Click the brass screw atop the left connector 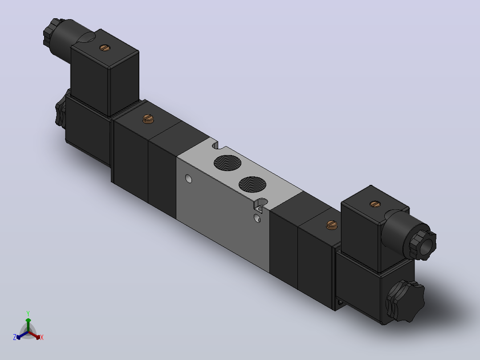(105, 48)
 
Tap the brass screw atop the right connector (375, 204)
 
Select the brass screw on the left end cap (148, 119)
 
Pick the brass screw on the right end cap (332, 225)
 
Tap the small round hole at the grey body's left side (189, 179)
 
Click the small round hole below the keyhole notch (257, 218)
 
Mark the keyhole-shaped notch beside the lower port (260, 205)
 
